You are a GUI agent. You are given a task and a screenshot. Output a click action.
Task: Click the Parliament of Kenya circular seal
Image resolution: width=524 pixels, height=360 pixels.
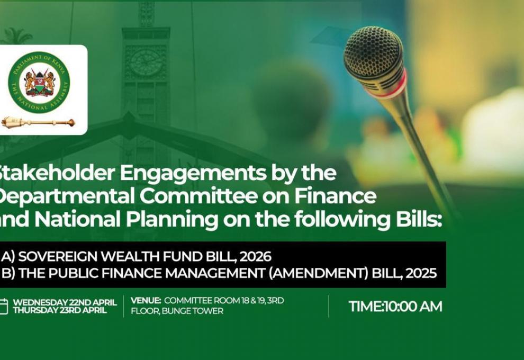(x=39, y=82)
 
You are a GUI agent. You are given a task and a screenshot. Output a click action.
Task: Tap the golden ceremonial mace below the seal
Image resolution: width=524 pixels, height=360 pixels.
(x=38, y=123)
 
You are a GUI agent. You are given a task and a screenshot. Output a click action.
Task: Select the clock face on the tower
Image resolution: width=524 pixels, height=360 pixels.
(x=146, y=62)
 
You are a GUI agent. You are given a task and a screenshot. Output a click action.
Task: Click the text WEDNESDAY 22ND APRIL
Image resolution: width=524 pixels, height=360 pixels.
(x=65, y=302)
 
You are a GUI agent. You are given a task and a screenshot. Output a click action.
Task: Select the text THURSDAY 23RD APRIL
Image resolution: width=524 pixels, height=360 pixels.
(x=59, y=310)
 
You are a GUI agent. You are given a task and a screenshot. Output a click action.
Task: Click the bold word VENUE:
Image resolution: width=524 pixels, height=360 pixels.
(x=146, y=301)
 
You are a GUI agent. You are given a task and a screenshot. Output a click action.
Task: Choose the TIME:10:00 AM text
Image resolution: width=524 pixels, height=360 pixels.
(x=395, y=307)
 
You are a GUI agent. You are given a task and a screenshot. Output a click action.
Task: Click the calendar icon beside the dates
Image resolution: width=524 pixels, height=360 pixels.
(x=4, y=307)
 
